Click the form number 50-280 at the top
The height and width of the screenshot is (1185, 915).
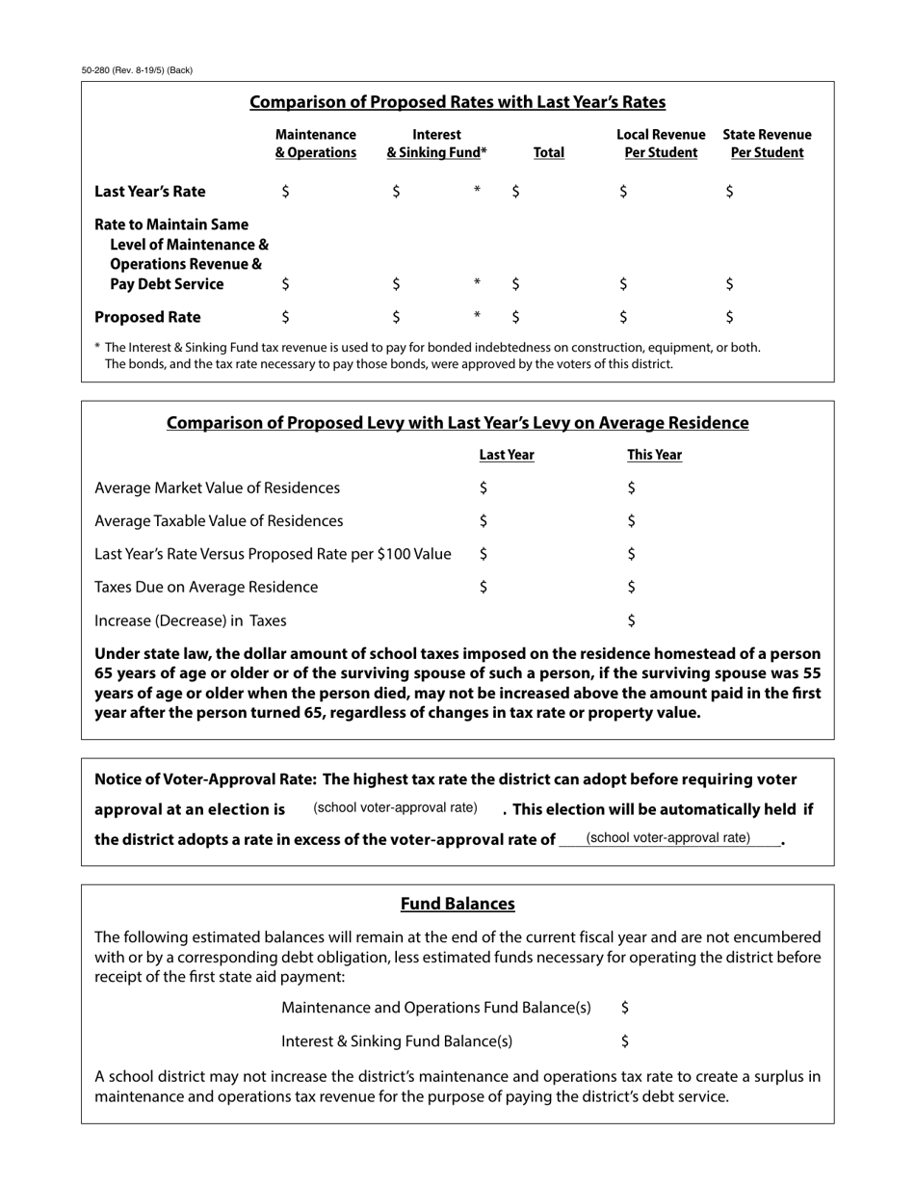(x=137, y=70)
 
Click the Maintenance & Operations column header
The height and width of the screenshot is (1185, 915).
(x=315, y=144)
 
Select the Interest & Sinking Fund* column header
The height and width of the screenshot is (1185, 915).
(x=436, y=144)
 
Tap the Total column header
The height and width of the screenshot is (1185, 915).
(x=548, y=152)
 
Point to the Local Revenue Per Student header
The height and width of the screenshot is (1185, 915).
(x=661, y=144)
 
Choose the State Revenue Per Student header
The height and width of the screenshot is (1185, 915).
(x=767, y=144)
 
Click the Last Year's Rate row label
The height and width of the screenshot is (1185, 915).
(x=149, y=192)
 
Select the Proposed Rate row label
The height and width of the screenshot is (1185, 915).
(x=147, y=317)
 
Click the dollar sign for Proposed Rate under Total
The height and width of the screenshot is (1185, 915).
(x=516, y=317)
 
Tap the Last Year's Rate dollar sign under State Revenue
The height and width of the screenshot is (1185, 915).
(x=729, y=192)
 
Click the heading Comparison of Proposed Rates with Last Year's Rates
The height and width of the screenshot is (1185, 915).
(x=457, y=102)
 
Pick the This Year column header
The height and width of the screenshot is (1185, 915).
(x=654, y=455)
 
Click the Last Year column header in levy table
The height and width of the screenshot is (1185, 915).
(x=507, y=455)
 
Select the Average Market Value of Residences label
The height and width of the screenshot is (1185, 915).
(x=217, y=488)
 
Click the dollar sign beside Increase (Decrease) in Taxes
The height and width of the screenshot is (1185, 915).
(x=631, y=620)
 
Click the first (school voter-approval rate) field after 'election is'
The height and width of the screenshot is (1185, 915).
(x=395, y=808)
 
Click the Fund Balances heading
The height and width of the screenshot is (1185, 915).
(x=457, y=904)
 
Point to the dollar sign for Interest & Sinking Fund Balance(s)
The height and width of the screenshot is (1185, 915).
(x=625, y=1040)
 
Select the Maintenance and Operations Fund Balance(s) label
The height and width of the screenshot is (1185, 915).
(x=435, y=1008)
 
